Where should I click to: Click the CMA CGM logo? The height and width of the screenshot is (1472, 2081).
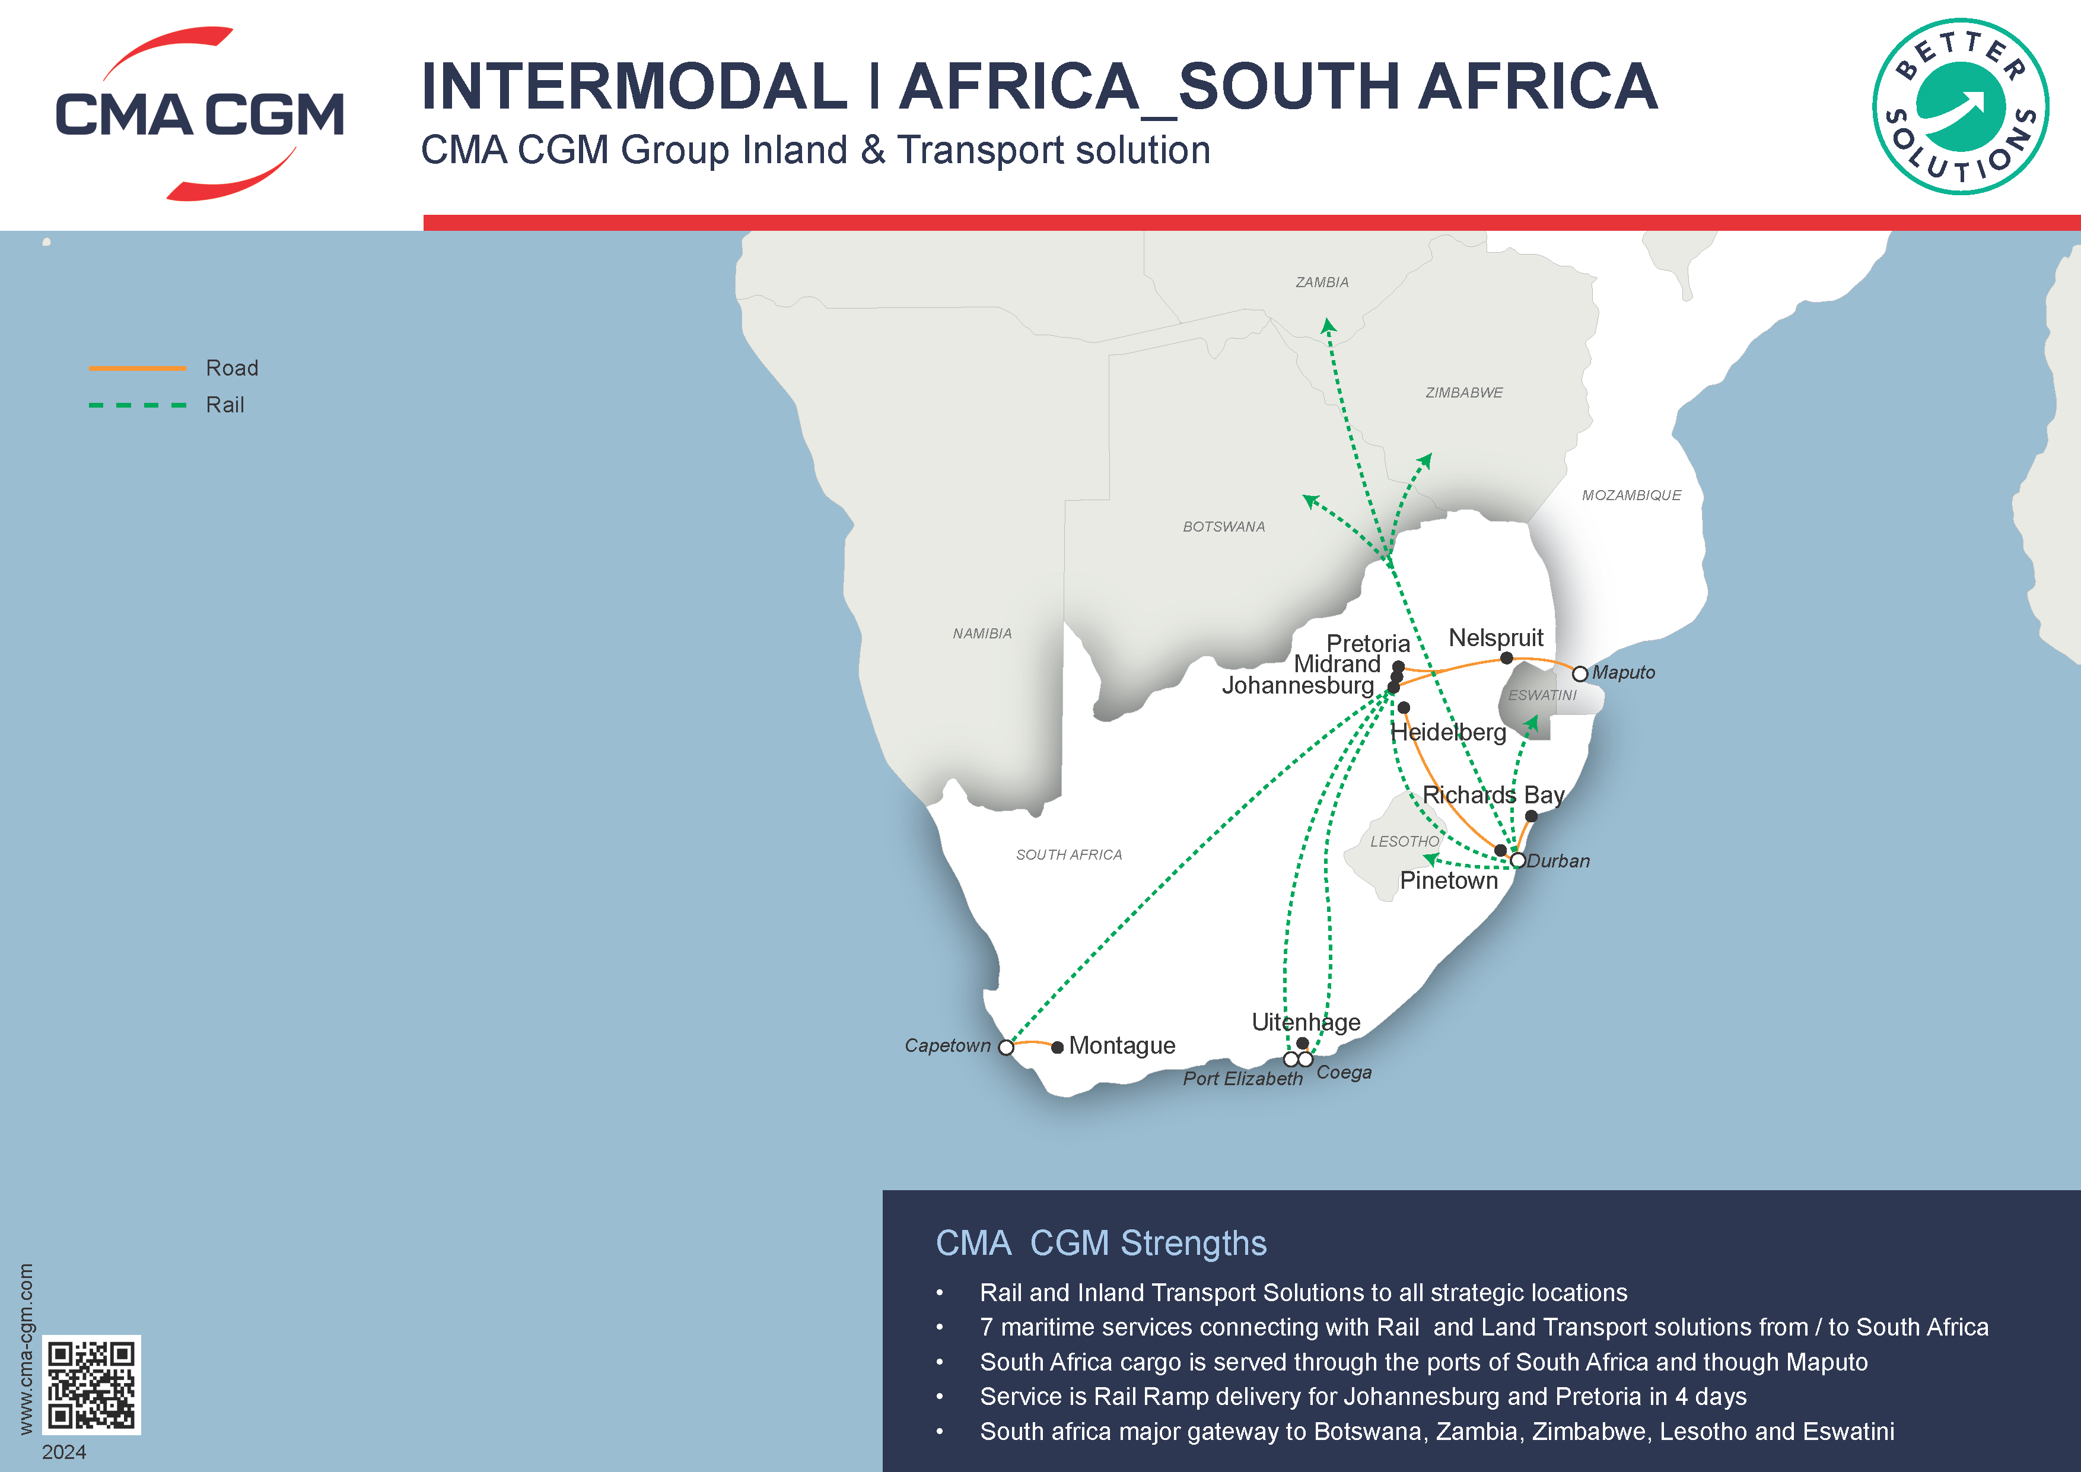pyautogui.click(x=199, y=114)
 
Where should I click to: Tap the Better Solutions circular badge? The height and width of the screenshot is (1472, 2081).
pyautogui.click(x=1961, y=107)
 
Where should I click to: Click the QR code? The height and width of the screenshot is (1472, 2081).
pyautogui.click(x=91, y=1384)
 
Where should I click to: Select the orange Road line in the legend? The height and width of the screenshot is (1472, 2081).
pyautogui.click(x=137, y=368)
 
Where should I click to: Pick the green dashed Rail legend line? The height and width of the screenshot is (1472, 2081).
pyautogui.click(x=137, y=405)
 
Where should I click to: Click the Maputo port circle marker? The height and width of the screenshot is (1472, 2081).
pyautogui.click(x=1580, y=673)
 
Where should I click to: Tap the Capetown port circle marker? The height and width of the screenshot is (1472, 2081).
pyautogui.click(x=1006, y=1048)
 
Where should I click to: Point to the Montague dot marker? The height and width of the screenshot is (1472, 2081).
pyautogui.click(x=1057, y=1048)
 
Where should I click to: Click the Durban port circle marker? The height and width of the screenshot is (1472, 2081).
pyautogui.click(x=1517, y=860)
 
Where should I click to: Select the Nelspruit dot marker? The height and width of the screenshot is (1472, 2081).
pyautogui.click(x=1506, y=658)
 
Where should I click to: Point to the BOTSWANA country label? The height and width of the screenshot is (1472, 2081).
pyautogui.click(x=1224, y=527)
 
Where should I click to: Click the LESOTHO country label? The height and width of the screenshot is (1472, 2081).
pyautogui.click(x=1404, y=841)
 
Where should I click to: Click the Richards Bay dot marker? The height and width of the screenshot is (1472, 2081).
pyautogui.click(x=1531, y=816)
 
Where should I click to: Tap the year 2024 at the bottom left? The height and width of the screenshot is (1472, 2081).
pyautogui.click(x=64, y=1452)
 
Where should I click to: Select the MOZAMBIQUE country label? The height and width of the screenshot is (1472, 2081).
pyautogui.click(x=1631, y=495)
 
